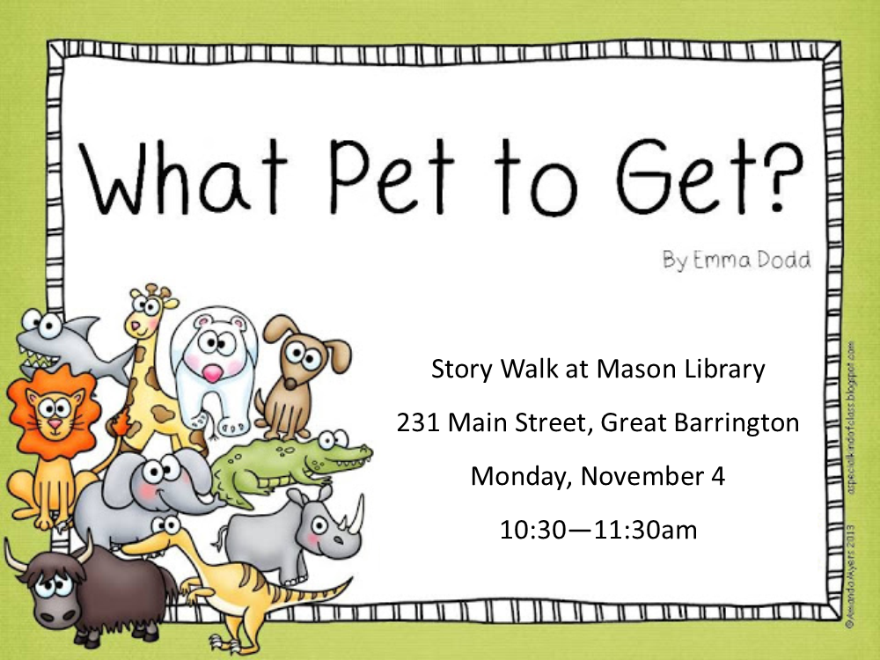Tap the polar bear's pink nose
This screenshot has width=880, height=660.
coord(212,373)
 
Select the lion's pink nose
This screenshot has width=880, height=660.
coord(55,423)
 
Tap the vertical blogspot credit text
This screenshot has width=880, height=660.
coord(853,417)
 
